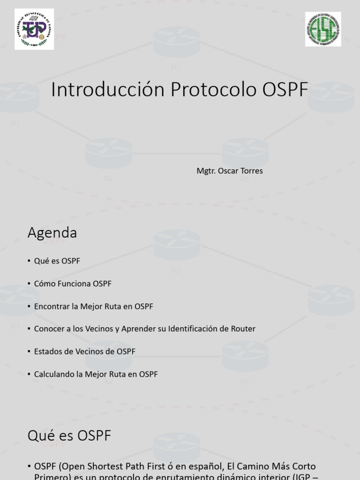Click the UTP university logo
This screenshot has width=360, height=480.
[x=34, y=29]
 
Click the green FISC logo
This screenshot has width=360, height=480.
[x=323, y=29]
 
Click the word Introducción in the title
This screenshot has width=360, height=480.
[x=108, y=90]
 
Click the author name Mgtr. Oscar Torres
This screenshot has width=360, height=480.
[x=230, y=171]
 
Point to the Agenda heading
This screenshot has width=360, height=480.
[x=52, y=232]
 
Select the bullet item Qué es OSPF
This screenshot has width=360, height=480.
[x=57, y=261]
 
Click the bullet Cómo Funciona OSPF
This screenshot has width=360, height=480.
[x=73, y=284]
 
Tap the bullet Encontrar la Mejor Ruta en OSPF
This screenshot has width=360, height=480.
[x=93, y=306]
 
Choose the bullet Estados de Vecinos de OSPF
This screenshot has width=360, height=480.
[x=84, y=351]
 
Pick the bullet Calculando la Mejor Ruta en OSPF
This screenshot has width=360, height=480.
[x=96, y=374]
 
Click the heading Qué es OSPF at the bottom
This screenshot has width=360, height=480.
[x=69, y=435]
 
